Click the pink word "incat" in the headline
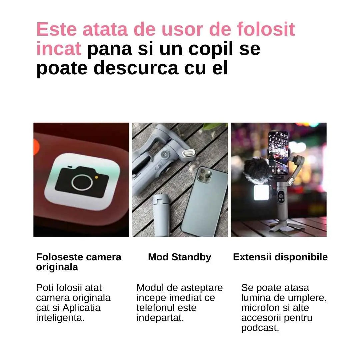pos(59,49)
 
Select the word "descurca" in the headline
pos(136,68)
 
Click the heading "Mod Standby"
pos(180,257)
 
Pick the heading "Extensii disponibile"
pos(280,257)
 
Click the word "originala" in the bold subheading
pos(57,267)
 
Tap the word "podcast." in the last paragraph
pos(260,328)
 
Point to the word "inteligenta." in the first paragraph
pos(60,318)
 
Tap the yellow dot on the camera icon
pos(96,177)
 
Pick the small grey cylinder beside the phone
pos(161,215)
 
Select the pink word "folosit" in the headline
pos(266,29)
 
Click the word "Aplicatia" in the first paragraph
pos(82,308)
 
